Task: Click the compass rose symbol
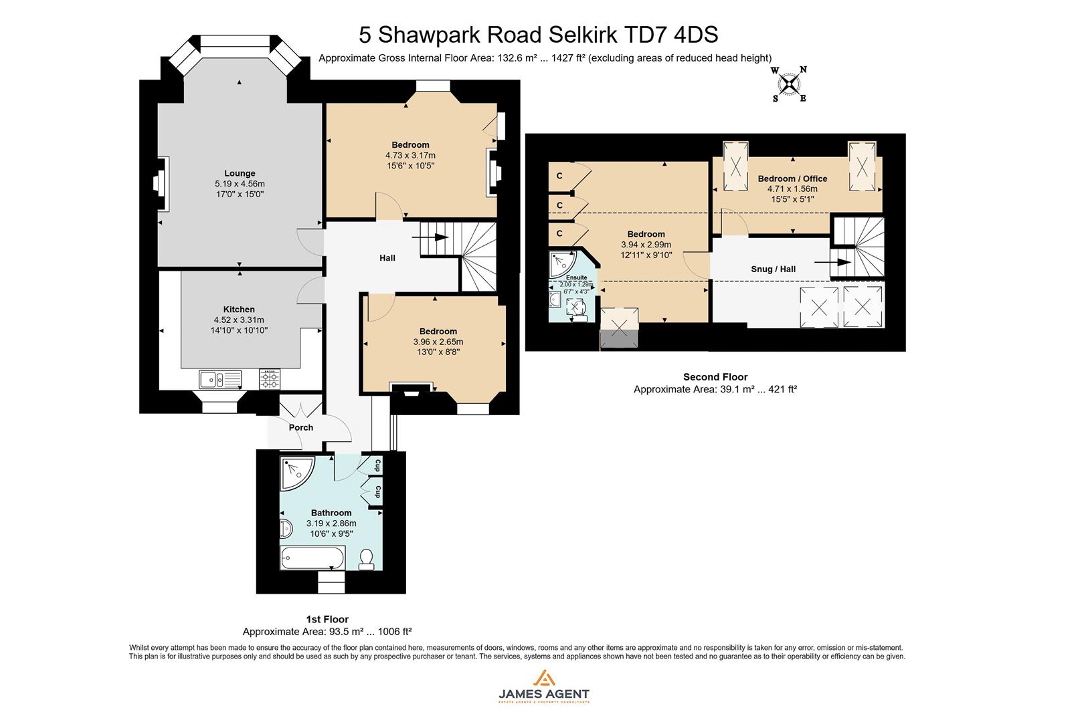pos(790,84)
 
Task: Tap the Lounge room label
pos(240,173)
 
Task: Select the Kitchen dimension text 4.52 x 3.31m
pos(239,320)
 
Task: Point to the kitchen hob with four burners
pos(270,380)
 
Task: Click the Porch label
pos(301,427)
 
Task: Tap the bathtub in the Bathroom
pos(313,558)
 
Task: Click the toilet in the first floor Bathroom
pos(366,559)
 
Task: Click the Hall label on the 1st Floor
pos(387,257)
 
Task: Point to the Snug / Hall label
pos(774,269)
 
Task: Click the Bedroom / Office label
pos(792,178)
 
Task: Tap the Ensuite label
pos(576,277)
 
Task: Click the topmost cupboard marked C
pos(559,176)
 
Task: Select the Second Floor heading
pos(715,377)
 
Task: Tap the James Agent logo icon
pos(543,678)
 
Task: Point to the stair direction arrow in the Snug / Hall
pos(841,263)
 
